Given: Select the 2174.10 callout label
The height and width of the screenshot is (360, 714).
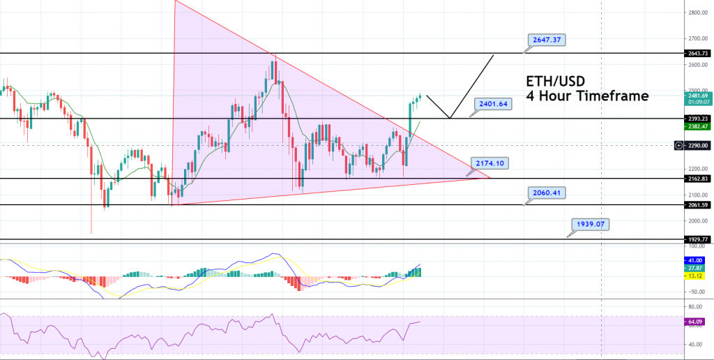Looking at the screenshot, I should point(490,163).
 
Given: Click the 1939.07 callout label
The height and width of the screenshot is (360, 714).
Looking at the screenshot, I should point(591,225).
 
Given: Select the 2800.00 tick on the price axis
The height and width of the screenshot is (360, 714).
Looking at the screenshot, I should point(694,13).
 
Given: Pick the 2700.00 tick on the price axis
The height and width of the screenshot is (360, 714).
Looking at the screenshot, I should point(694,38).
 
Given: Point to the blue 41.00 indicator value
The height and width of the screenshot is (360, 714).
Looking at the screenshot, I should point(694,259).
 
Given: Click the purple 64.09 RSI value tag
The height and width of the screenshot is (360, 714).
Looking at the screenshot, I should point(694,322).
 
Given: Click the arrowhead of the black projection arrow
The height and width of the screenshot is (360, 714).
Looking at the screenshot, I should point(493,55).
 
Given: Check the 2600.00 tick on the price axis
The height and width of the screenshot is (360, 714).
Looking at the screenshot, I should point(694,65).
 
